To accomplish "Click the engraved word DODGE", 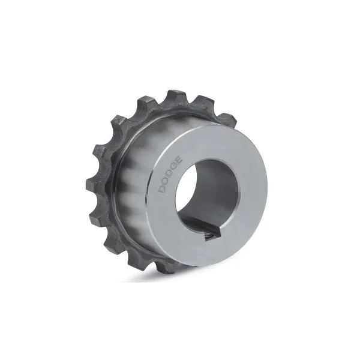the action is (171, 174).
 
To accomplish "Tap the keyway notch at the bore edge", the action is (213, 235).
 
